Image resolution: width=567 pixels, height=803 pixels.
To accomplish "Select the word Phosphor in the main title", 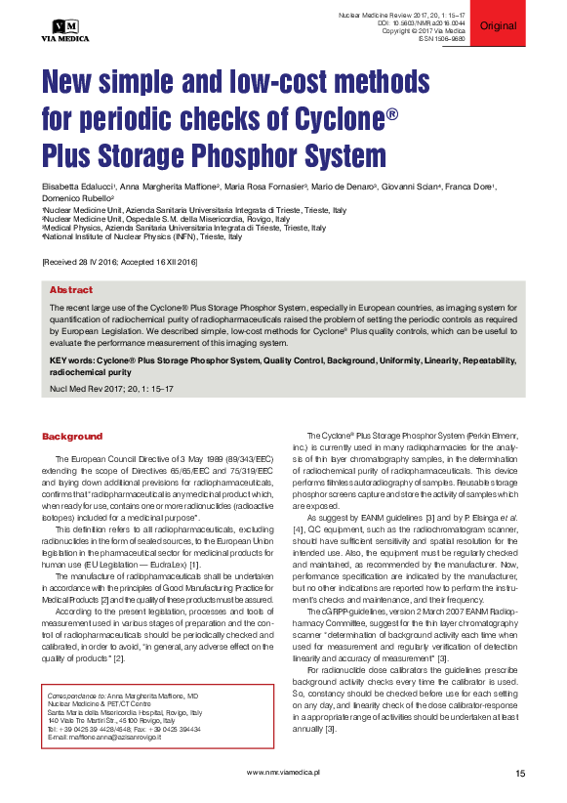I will click(x=226, y=155).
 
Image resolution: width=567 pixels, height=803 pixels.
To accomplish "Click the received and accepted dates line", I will click(x=120, y=263).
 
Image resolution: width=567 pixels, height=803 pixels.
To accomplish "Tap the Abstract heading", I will click(x=71, y=289).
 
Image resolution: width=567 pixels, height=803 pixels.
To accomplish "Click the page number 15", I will click(x=520, y=773).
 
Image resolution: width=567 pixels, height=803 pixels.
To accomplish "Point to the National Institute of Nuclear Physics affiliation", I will click(x=142, y=236).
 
